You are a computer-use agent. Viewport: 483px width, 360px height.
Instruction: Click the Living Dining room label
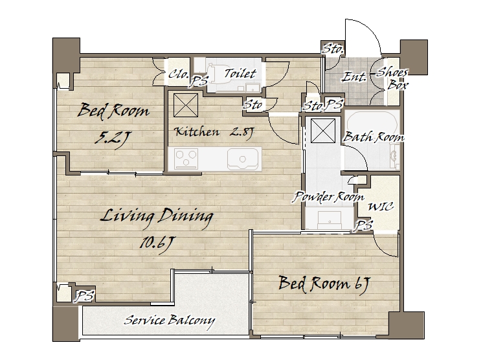[157, 216]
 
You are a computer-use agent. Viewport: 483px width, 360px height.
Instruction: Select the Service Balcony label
[169, 321]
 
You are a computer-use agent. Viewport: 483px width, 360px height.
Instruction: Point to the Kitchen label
[197, 132]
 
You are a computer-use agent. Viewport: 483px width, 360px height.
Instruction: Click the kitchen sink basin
[243, 159]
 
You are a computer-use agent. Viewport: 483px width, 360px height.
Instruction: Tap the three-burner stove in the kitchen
[186, 159]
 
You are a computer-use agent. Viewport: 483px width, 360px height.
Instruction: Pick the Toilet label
[240, 74]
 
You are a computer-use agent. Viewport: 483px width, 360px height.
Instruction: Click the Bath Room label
[374, 137]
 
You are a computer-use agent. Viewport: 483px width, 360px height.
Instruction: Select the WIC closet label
[381, 207]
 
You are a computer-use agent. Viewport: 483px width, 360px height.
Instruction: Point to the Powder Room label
[328, 196]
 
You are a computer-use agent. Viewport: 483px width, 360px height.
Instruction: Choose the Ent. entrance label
[354, 76]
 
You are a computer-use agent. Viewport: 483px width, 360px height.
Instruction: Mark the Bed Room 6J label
[324, 284]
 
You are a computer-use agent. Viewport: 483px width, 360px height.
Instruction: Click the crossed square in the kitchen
[186, 106]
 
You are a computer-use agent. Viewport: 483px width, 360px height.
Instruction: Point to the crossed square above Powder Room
[323, 131]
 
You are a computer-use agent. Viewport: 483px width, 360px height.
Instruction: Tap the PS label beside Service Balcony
[85, 297]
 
